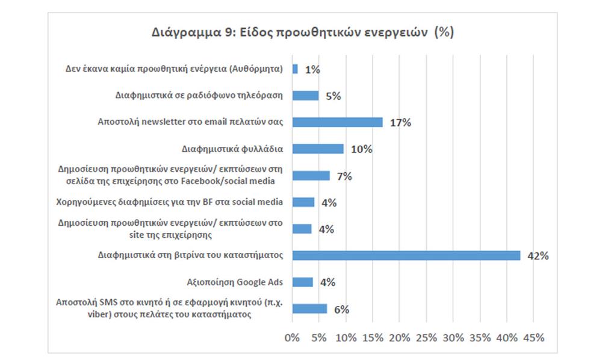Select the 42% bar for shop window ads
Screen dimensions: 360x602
point(406,255)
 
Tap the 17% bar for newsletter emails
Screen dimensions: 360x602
point(337,122)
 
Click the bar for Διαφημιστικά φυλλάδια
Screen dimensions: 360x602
point(318,149)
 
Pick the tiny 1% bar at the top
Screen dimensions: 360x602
point(295,69)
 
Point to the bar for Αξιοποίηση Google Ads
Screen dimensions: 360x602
point(302,282)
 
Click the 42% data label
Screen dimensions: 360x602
point(538,256)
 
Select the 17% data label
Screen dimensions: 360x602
point(400,123)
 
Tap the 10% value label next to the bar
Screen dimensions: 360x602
point(362,149)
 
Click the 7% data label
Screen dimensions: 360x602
point(344,176)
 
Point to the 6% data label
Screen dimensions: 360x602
point(342,309)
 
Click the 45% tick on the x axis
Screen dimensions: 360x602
point(534,338)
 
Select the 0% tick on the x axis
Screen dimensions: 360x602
point(292,338)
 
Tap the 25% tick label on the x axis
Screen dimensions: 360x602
point(426,338)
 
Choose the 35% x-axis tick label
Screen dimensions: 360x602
point(480,338)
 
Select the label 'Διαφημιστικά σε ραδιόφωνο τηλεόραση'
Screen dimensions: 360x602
point(199,95)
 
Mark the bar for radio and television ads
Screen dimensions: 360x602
point(305,96)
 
